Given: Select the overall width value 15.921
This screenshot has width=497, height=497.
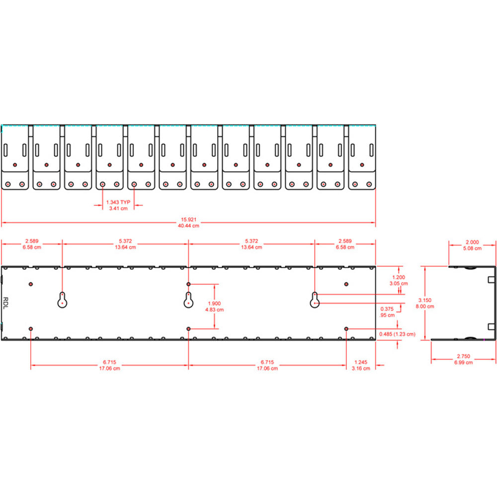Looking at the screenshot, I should pyautogui.click(x=188, y=219).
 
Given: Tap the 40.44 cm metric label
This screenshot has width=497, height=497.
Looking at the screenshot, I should pyautogui.click(x=188, y=226).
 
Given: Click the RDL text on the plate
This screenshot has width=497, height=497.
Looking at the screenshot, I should pyautogui.click(x=6, y=303).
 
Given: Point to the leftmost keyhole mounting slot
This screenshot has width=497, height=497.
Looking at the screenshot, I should pyautogui.click(x=62, y=300).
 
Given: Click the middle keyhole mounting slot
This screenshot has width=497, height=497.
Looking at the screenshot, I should pyautogui.click(x=188, y=300).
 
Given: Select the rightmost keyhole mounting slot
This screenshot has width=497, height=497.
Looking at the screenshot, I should pyautogui.click(x=315, y=300).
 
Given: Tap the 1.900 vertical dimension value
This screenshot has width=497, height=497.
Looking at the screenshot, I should pyautogui.click(x=214, y=303).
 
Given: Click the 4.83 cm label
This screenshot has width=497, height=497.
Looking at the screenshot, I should pyautogui.click(x=214, y=309).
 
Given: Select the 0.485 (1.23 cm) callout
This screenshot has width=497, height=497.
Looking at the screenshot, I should pyautogui.click(x=397, y=334).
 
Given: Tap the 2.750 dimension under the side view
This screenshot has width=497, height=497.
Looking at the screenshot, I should pyautogui.click(x=463, y=356).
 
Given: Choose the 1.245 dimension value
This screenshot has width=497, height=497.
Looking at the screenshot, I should pyautogui.click(x=361, y=362).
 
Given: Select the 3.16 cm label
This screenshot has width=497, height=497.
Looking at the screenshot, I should pyautogui.click(x=361, y=368).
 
